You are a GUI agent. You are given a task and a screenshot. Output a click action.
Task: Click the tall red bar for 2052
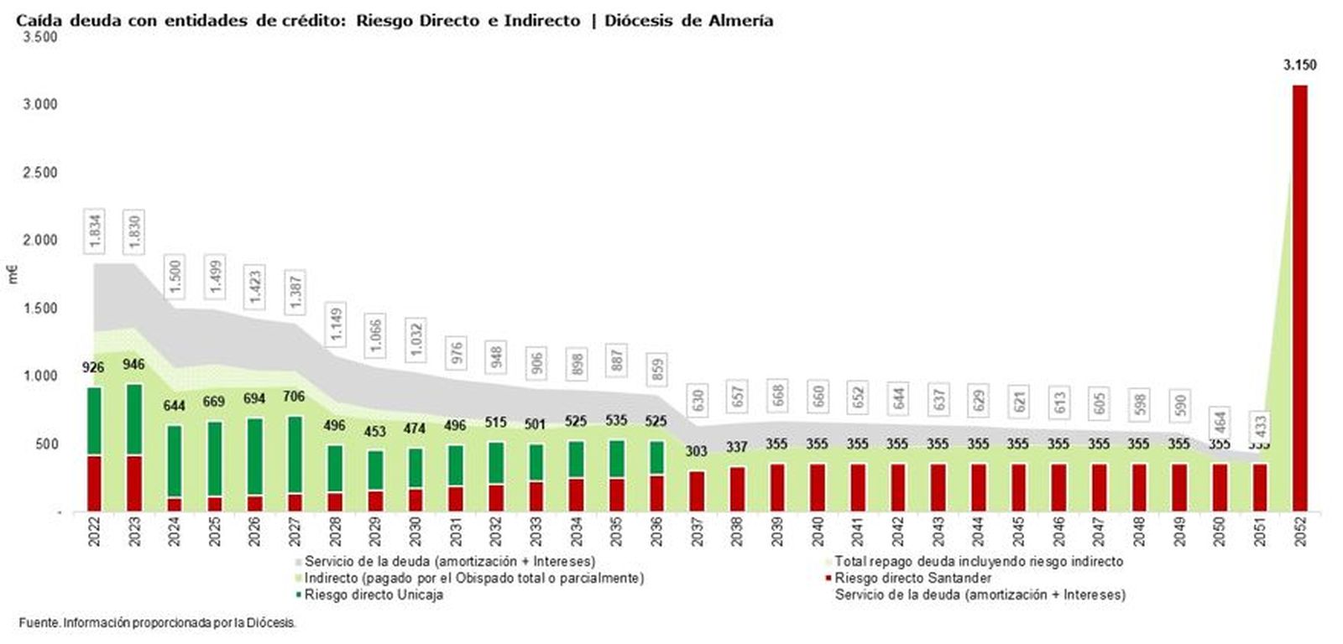(x=1299, y=298)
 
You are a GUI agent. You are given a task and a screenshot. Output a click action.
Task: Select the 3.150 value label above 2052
(x=1299, y=65)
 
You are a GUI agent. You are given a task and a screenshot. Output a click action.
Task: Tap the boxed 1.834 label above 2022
(x=96, y=231)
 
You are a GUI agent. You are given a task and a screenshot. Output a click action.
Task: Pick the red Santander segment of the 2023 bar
(x=134, y=483)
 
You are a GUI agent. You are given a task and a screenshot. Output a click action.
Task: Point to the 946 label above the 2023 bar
(x=133, y=365)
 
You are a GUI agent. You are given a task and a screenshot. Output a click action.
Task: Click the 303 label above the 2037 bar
(x=697, y=451)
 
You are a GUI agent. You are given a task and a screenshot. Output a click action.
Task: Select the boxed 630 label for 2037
(x=697, y=401)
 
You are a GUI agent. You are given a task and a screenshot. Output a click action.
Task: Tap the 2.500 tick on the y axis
(x=39, y=173)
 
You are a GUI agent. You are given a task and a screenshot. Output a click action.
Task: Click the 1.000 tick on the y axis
(x=39, y=376)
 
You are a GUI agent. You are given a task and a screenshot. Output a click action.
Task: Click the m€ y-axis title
(x=13, y=274)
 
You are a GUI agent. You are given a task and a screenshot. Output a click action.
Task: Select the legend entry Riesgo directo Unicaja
(x=374, y=595)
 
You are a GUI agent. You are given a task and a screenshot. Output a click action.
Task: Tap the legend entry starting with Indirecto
(x=474, y=578)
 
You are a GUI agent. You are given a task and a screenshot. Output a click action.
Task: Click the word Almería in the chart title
(x=739, y=21)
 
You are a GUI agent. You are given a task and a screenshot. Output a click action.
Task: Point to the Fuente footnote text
(x=157, y=623)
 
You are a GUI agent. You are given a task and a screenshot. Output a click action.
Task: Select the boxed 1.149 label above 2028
(x=336, y=325)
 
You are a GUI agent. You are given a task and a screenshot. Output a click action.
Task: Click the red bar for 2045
(x=1018, y=487)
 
